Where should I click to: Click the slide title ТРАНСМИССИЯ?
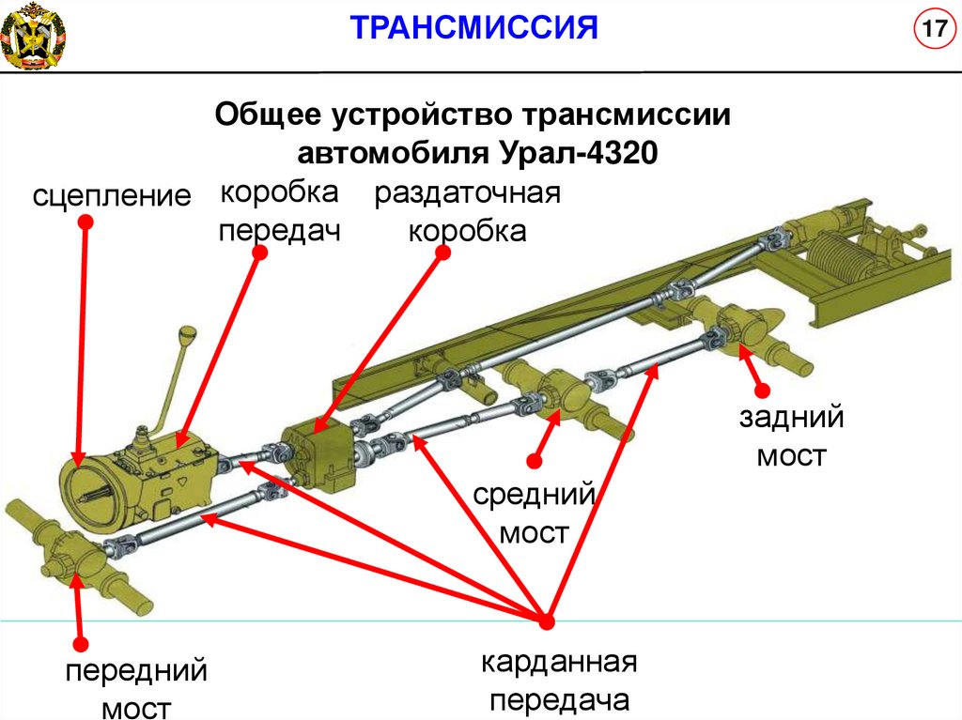click(475, 29)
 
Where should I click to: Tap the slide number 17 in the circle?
click(931, 29)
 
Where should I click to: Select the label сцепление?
click(112, 195)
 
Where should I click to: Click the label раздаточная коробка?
click(467, 212)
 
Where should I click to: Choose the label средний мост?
click(535, 513)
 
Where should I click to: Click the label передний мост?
click(136, 689)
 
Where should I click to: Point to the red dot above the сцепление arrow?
click(85, 221)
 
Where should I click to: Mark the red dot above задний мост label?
click(762, 389)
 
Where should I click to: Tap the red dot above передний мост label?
click(81, 645)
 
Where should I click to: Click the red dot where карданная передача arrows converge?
click(546, 620)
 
